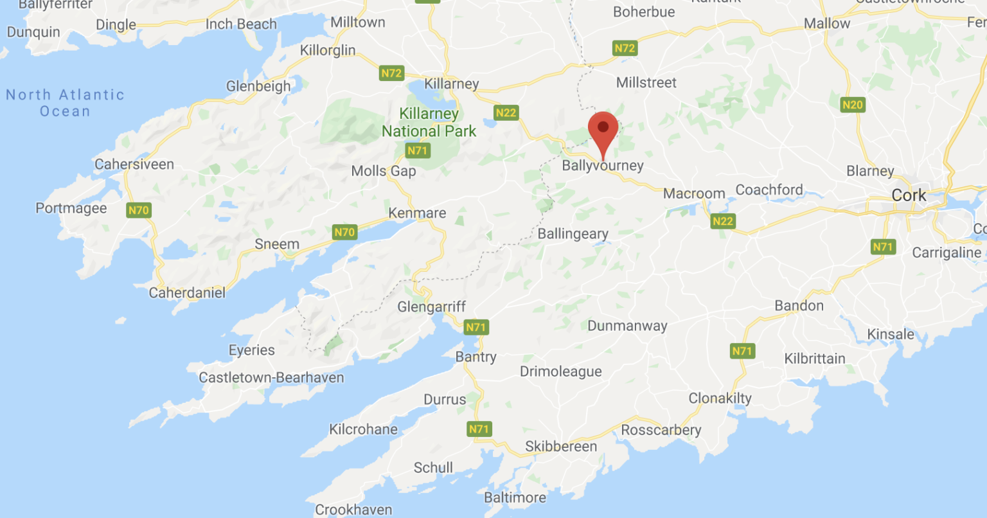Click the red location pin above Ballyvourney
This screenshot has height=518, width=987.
pos(603,129)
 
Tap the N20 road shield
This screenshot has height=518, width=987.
pos(852,105)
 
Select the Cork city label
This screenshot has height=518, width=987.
pos(909,195)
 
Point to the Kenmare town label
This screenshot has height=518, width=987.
pos(417,213)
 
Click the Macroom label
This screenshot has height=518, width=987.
pos(694,193)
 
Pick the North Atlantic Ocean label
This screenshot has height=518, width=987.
pos(65,103)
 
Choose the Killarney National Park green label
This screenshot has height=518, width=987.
pos(429,123)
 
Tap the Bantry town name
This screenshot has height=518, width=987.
pos(476,357)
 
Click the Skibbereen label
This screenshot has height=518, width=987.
pos(561,446)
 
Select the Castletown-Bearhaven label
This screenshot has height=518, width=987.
pos(271,377)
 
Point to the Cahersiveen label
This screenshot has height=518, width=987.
pos(134,165)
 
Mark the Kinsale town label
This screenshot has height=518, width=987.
pos(890,334)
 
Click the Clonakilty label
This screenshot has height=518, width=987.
pos(720,398)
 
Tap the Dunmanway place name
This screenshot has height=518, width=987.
pos(627,326)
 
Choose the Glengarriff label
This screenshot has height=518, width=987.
pos(431,307)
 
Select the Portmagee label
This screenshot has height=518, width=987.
pos(71,208)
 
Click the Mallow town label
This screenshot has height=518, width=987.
pos(826,24)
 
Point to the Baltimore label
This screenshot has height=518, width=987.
pos(515,497)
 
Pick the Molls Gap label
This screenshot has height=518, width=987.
pos(384,171)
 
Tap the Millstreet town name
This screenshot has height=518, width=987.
pos(646,83)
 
